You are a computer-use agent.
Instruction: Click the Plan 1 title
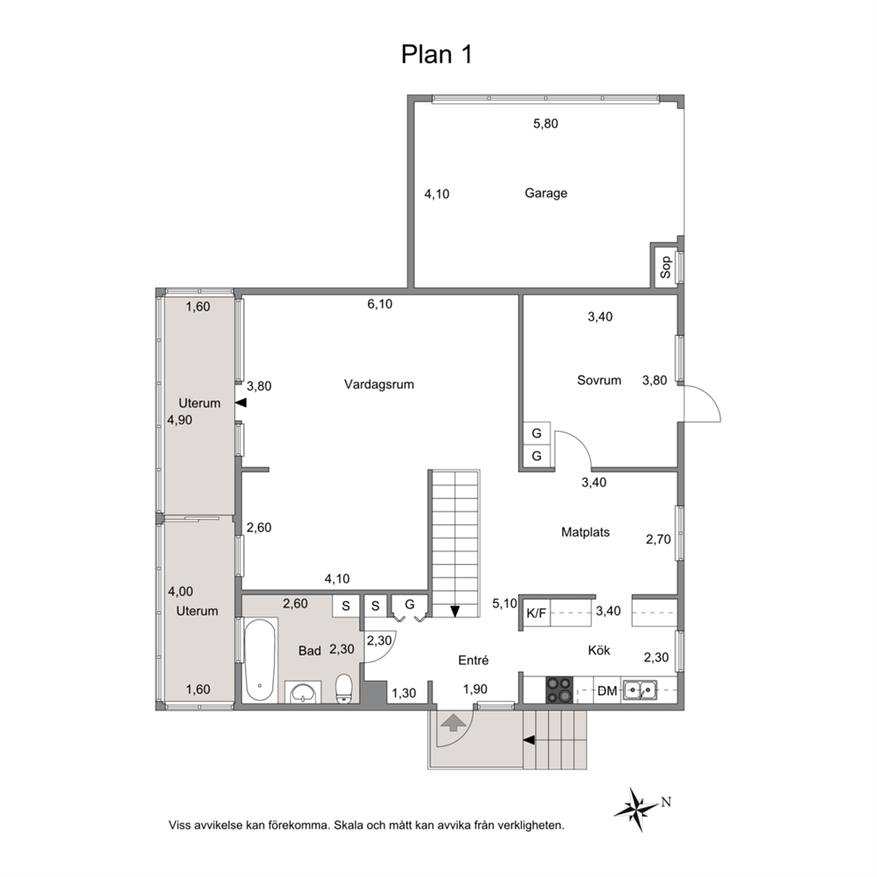437,55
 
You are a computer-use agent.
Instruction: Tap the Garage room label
545,193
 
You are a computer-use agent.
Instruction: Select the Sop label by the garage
666,267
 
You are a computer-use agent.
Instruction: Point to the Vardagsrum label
379,385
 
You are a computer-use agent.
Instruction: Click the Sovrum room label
599,380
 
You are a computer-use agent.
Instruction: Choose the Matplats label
585,532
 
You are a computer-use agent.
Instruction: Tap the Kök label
599,651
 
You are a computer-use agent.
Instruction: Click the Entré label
473,660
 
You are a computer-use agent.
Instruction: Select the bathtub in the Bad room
260,660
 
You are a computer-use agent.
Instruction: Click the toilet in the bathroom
343,689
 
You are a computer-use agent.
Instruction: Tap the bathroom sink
302,692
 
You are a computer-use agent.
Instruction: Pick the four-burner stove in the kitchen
560,690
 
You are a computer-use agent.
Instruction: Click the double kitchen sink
640,690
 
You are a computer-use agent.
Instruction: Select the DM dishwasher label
606,691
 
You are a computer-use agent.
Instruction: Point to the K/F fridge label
537,614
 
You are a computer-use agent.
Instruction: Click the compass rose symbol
637,809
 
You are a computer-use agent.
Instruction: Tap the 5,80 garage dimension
545,124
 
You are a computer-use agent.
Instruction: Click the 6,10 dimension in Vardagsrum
380,304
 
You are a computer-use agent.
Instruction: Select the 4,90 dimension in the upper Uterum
180,420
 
